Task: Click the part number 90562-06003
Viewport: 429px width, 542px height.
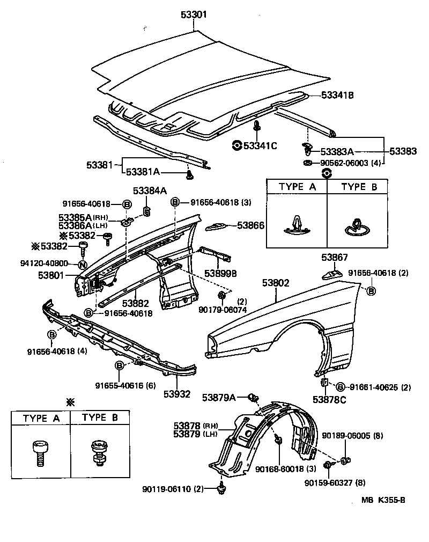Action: point(344,163)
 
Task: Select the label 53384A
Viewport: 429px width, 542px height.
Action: point(150,190)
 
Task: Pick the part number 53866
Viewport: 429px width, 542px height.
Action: point(250,226)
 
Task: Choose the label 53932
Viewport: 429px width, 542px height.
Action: point(177,394)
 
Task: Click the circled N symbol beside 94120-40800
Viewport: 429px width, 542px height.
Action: point(83,264)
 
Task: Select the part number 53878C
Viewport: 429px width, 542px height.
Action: point(329,400)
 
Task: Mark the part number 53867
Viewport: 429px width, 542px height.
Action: point(335,258)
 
